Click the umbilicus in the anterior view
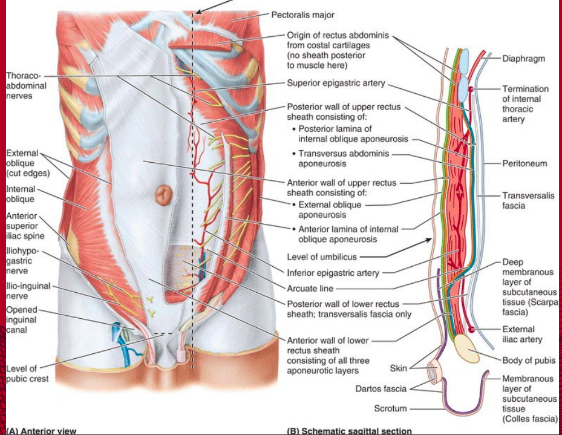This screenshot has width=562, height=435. pyautogui.click(x=164, y=195)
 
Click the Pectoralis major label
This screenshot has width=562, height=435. pyautogui.click(x=302, y=15)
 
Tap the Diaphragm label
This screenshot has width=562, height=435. pyautogui.click(x=523, y=59)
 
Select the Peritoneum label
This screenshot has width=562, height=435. pyautogui.click(x=524, y=164)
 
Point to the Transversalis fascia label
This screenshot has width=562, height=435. pyautogui.click(x=528, y=201)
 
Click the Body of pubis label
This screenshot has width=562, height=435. pyautogui.click(x=529, y=361)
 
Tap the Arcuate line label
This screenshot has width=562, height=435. pyautogui.click(x=310, y=289)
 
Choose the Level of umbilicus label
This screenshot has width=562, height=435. pyautogui.click(x=322, y=257)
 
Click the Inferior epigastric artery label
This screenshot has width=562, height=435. pyautogui.click(x=333, y=273)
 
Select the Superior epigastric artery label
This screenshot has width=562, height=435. pyautogui.click(x=336, y=83)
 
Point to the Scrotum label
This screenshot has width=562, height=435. pyautogui.click(x=390, y=408)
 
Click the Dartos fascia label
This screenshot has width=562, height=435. pyautogui.click(x=381, y=389)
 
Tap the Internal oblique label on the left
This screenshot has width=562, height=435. pyautogui.click(x=21, y=194)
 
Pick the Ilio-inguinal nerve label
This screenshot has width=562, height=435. pyautogui.click(x=28, y=291)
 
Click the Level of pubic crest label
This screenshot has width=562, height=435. pyautogui.click(x=27, y=374)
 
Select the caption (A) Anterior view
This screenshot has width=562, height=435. pyautogui.click(x=41, y=431)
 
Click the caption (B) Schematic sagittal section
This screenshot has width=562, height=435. pyautogui.click(x=349, y=431)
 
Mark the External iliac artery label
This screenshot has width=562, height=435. pyautogui.click(x=522, y=335)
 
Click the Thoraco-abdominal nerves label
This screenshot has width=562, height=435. pyautogui.click(x=26, y=86)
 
